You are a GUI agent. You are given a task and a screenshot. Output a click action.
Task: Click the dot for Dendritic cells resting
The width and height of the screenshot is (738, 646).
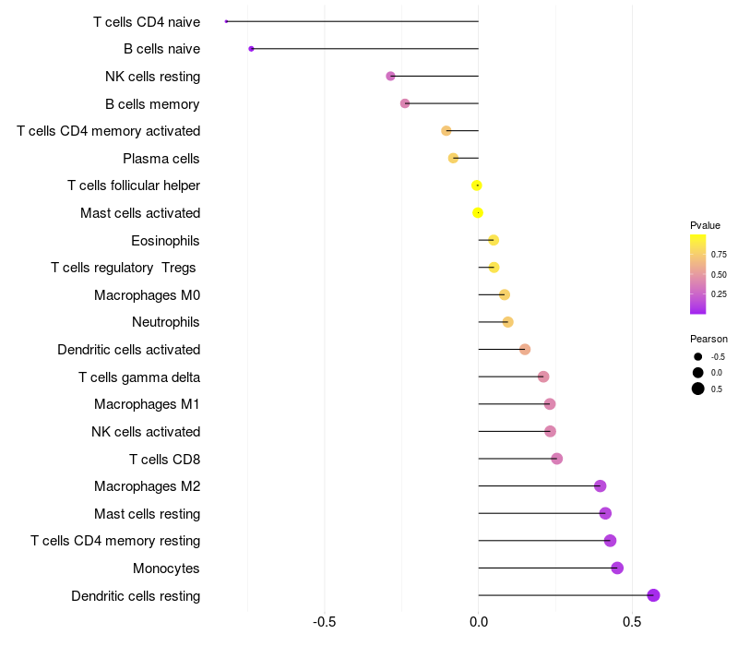(x=653, y=595)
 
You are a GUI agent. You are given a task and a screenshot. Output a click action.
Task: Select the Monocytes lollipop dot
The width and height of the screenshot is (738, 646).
(x=617, y=568)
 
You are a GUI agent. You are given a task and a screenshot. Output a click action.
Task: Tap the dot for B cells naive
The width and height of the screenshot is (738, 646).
(x=251, y=49)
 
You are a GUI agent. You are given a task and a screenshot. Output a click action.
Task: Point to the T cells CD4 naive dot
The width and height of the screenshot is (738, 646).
(x=226, y=21)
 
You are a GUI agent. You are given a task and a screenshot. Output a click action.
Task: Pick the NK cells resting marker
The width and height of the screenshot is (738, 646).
(x=390, y=76)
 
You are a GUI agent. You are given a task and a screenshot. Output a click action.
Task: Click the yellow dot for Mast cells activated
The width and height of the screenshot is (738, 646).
(x=477, y=213)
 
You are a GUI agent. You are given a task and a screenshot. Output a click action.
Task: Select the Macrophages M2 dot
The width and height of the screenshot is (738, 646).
(x=600, y=486)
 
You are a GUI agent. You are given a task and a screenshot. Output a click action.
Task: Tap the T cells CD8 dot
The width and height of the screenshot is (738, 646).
(x=556, y=459)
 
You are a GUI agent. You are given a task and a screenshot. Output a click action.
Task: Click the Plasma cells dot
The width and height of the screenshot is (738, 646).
(x=453, y=159)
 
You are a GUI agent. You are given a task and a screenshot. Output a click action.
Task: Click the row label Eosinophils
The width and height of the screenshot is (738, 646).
(x=165, y=241)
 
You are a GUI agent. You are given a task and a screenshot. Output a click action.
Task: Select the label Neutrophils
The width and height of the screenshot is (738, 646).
(x=165, y=322)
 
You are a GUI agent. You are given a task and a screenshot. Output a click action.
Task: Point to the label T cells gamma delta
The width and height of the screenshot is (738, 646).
(x=139, y=377)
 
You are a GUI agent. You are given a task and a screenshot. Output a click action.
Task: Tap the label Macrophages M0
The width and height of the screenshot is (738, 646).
(x=147, y=295)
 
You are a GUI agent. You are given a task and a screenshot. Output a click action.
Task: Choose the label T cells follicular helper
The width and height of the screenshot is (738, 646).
(x=134, y=185)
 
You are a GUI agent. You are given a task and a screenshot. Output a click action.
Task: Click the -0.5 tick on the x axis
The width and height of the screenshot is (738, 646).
(x=325, y=622)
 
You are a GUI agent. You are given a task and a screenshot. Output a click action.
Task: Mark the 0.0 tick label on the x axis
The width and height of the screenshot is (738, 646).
(x=478, y=622)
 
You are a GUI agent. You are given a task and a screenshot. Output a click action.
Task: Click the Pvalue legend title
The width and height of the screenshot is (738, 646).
(x=705, y=225)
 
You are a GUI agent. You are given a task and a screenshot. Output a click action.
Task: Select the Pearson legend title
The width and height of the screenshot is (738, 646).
(x=708, y=339)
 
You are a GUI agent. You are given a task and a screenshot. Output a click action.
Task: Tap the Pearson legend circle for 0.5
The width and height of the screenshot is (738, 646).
(x=698, y=389)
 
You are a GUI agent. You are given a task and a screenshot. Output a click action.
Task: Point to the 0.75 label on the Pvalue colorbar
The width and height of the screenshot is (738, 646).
(x=719, y=254)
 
